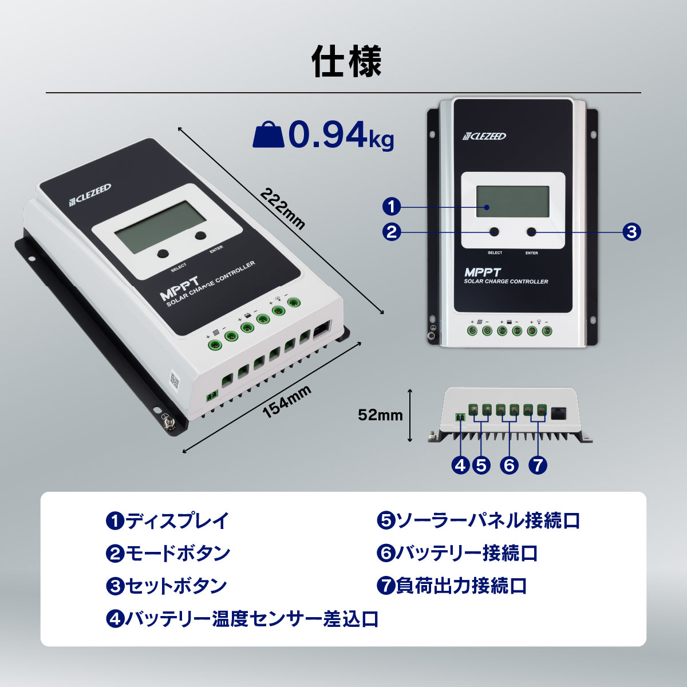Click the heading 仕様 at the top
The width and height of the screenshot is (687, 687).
(x=346, y=61)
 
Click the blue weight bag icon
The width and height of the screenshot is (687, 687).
(x=269, y=135)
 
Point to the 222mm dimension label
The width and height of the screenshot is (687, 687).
(x=282, y=208)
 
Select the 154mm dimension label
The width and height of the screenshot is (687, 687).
(x=287, y=401)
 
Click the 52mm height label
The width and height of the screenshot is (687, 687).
(x=380, y=415)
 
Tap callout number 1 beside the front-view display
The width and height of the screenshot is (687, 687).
(x=392, y=207)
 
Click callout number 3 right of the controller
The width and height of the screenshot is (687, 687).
(x=631, y=232)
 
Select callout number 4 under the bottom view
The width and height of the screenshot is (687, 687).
(x=460, y=465)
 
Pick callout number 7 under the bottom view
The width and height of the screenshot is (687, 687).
(x=538, y=465)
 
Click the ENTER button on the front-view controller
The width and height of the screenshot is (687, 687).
(x=532, y=232)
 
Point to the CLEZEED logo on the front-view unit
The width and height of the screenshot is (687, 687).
(x=484, y=136)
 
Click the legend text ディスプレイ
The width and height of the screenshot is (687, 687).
(x=177, y=520)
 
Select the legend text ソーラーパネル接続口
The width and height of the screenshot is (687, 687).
(x=488, y=520)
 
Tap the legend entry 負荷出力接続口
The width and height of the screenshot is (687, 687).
(x=461, y=586)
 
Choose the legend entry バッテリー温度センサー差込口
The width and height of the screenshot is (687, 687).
(x=252, y=619)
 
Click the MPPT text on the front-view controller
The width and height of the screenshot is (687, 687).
(x=483, y=273)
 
